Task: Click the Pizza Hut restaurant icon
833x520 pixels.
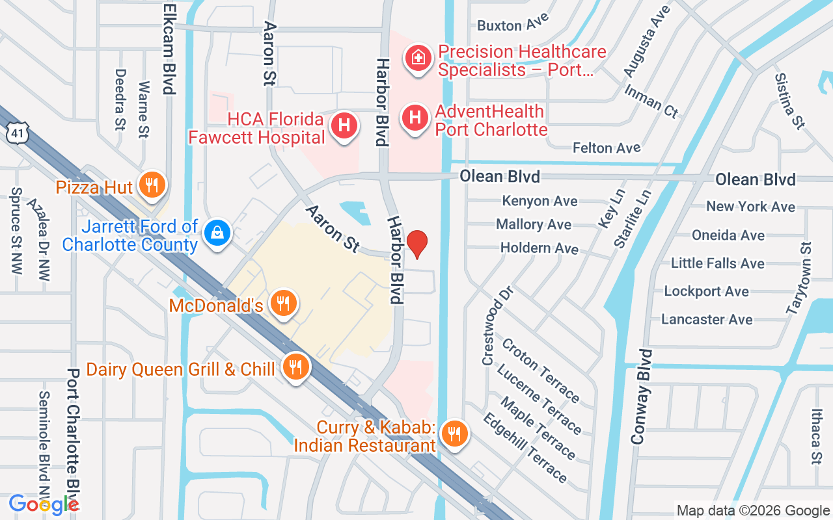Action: click(152, 186)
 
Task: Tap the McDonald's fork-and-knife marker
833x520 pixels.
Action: click(282, 304)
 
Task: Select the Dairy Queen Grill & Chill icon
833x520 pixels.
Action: click(296, 368)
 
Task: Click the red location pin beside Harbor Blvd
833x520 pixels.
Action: click(417, 245)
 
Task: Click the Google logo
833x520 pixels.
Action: click(44, 504)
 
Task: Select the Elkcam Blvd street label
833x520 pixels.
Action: click(169, 49)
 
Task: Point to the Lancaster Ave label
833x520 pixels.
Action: click(706, 319)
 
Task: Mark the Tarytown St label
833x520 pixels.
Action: click(800, 278)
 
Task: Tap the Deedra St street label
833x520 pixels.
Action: click(120, 99)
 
